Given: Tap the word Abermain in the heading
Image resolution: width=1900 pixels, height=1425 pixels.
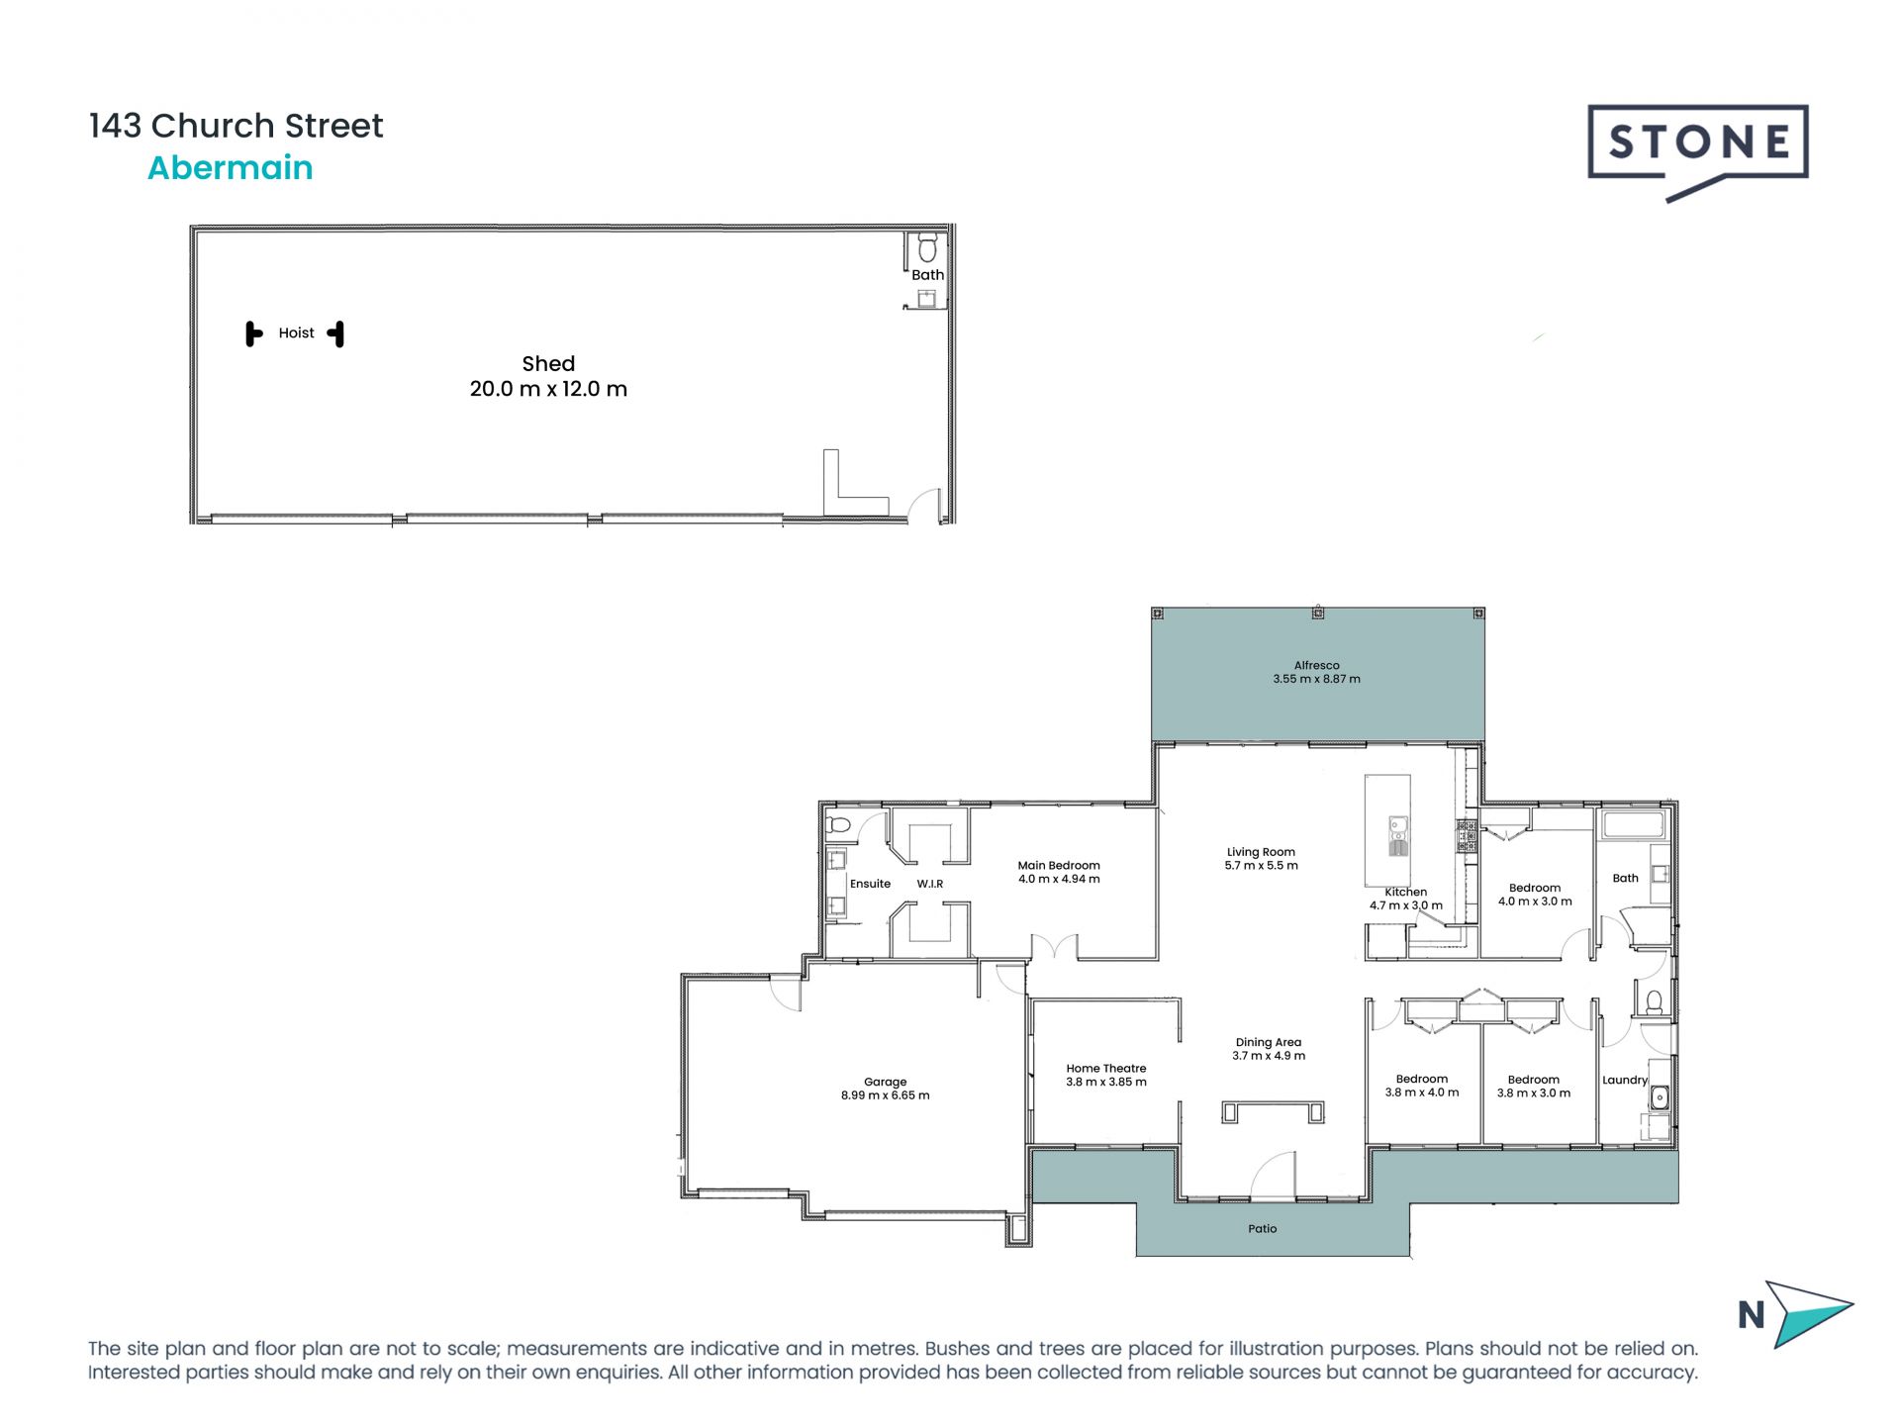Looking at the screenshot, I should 230,168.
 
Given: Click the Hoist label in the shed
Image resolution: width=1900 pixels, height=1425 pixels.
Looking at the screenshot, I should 296,333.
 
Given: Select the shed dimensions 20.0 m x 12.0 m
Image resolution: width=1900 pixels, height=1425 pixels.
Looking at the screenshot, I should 548,389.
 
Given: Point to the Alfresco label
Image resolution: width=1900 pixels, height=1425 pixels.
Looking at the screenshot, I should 1316,666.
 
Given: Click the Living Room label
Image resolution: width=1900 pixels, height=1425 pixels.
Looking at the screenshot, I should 1261,852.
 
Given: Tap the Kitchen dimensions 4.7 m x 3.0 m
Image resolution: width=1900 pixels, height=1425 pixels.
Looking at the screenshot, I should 1405,905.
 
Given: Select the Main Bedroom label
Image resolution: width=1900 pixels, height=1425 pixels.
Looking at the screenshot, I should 1059,866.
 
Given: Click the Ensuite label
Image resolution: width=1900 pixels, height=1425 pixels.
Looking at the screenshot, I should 870,884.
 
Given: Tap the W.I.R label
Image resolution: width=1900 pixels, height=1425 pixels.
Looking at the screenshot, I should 929,884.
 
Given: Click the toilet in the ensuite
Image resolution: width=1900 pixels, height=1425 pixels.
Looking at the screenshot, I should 838,824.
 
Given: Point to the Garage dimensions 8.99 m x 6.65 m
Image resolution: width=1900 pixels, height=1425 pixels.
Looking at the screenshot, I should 885,1095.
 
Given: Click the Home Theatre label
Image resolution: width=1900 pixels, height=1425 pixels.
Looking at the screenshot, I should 1105,1069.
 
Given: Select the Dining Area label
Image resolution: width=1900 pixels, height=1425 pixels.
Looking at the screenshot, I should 1268,1042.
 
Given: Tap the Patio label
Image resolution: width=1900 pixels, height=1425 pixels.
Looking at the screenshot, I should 1262,1229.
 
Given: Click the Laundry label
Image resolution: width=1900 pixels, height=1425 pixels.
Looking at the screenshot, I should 1624,1081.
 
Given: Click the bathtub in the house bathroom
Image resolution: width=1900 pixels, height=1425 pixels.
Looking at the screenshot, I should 1633,825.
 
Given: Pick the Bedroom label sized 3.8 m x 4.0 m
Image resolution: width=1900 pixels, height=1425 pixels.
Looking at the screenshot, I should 1421,1080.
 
